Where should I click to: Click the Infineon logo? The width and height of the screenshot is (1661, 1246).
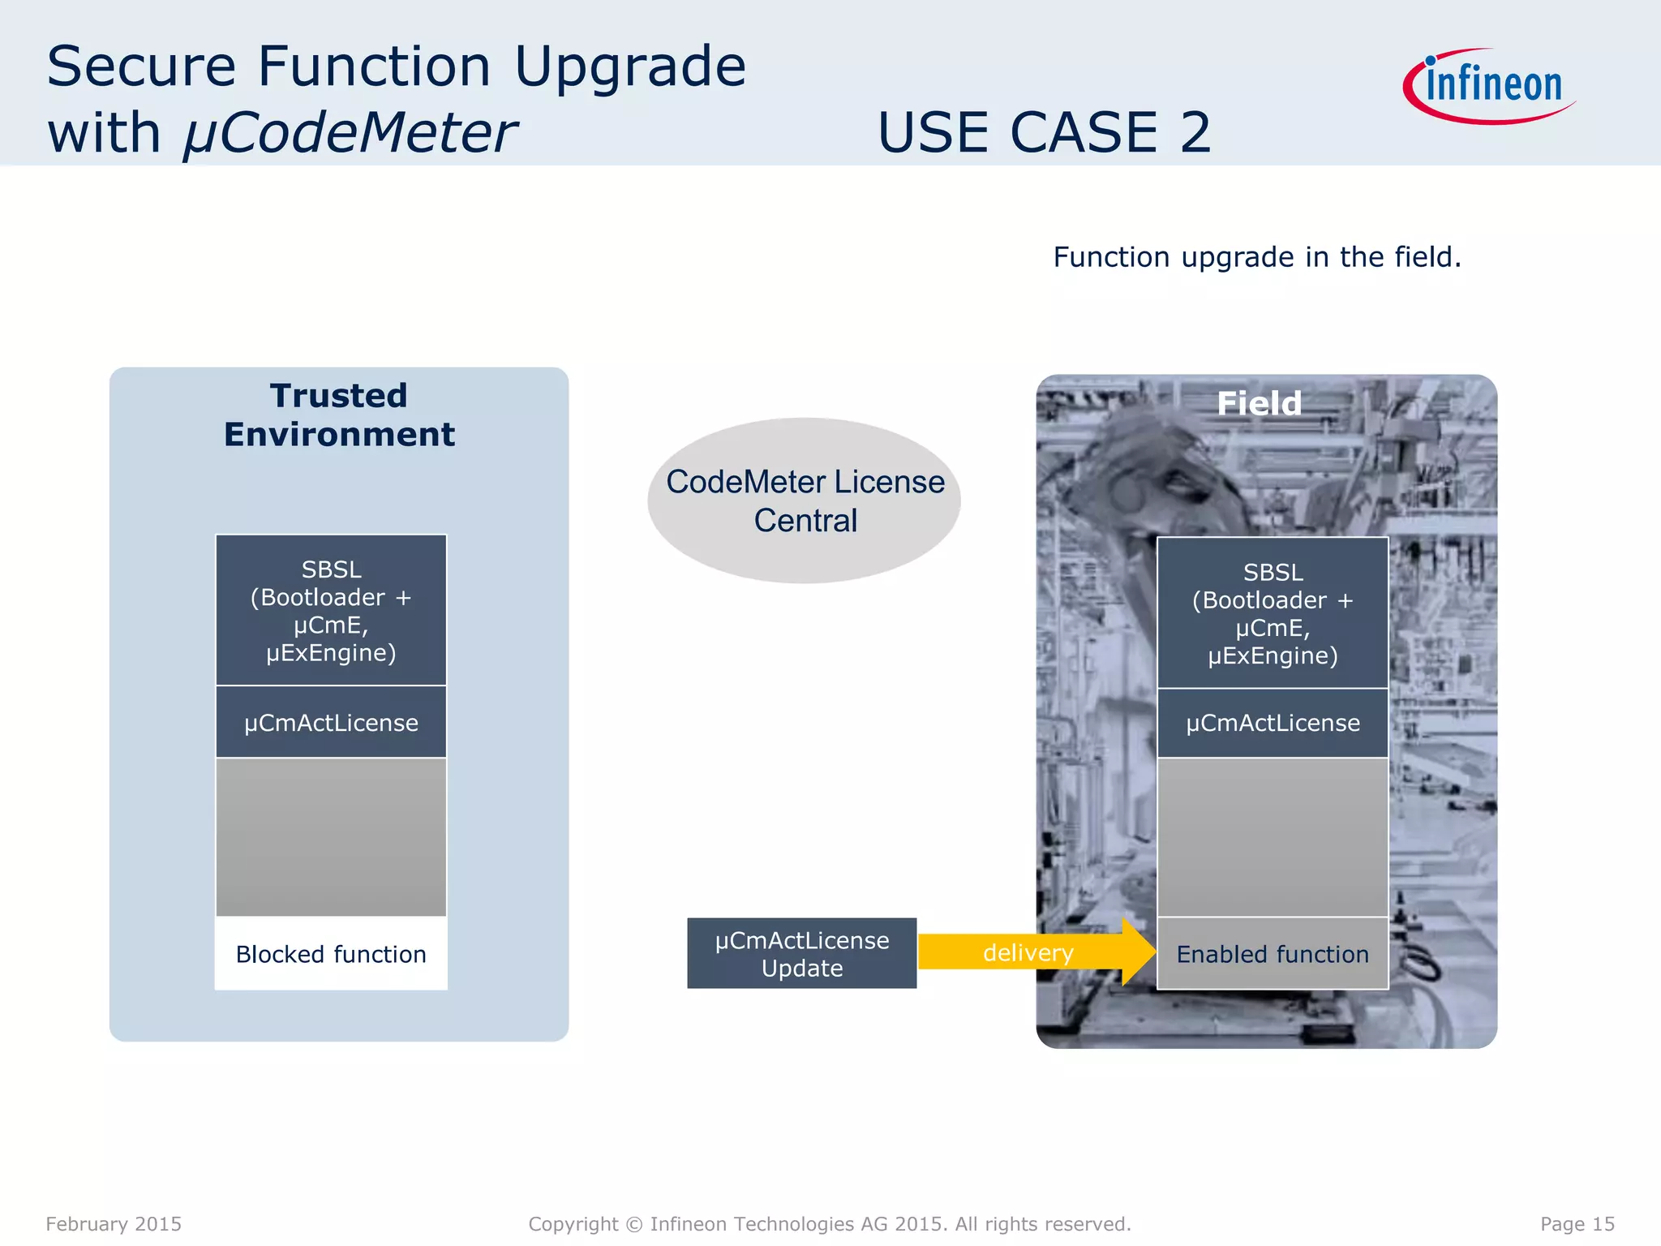pyautogui.click(x=1491, y=85)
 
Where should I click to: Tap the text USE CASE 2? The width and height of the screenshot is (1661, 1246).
pyautogui.click(x=1045, y=132)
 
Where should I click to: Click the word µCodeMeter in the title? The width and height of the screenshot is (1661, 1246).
pyautogui.click(x=350, y=132)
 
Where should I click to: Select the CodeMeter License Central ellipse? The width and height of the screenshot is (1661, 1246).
pyautogui.click(x=805, y=501)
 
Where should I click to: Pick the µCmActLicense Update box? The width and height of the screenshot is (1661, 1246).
pyautogui.click(x=801, y=953)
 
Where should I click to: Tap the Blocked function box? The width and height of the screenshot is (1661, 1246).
pyautogui.click(x=331, y=954)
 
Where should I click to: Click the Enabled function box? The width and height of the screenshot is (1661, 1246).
pyautogui.click(x=1273, y=954)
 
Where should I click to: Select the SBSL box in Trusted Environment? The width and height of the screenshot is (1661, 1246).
pyautogui.click(x=331, y=610)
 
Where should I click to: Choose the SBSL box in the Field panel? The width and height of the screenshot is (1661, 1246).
pyautogui.click(x=1273, y=613)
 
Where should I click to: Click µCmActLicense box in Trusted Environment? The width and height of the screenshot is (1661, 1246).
pyautogui.click(x=331, y=722)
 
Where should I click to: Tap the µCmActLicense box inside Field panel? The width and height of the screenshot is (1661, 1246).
pyautogui.click(x=1273, y=723)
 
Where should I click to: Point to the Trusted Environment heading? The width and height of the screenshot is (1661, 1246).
pyautogui.click(x=339, y=415)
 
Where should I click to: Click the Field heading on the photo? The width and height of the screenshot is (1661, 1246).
pyautogui.click(x=1259, y=403)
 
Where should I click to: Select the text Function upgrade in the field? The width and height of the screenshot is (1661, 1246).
pyautogui.click(x=1256, y=257)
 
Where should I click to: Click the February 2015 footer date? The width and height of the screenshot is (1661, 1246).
pyautogui.click(x=114, y=1223)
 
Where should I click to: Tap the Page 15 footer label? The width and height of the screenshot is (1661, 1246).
pyautogui.click(x=1577, y=1223)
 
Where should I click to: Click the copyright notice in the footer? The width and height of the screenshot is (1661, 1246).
pyautogui.click(x=829, y=1223)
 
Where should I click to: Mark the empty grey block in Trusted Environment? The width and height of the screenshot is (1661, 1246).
pyautogui.click(x=331, y=837)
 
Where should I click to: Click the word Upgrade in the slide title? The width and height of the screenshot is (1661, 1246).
pyautogui.click(x=629, y=67)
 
